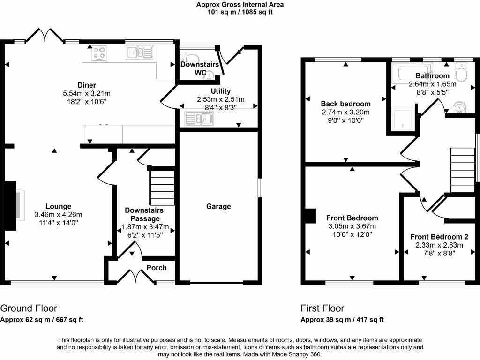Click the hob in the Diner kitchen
[x=99, y=53]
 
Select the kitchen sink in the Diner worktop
[x=139, y=52]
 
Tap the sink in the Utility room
[x=199, y=119]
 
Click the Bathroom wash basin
[x=460, y=108]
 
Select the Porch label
[x=157, y=268]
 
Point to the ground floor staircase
[x=161, y=187]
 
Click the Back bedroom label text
[x=345, y=104]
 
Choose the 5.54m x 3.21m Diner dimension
[x=87, y=93]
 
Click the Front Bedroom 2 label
[x=439, y=237]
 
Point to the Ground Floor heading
[x=29, y=308]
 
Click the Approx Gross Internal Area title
[x=240, y=5]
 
